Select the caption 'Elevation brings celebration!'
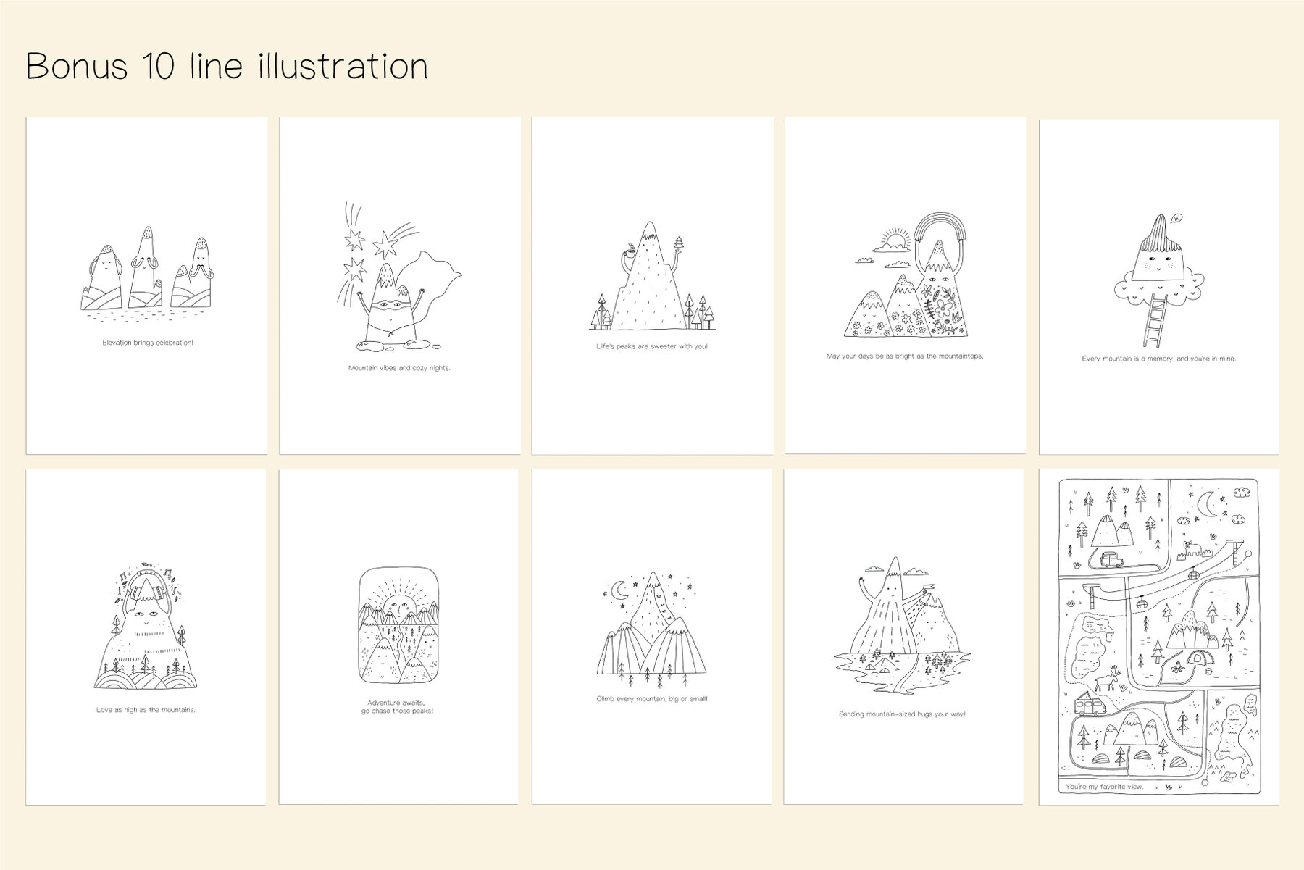[148, 343]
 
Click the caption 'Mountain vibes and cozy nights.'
[399, 368]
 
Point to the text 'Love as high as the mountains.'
[146, 710]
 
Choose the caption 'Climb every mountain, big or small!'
[652, 699]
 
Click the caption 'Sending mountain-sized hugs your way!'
[902, 714]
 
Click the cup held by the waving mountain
[629, 254]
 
